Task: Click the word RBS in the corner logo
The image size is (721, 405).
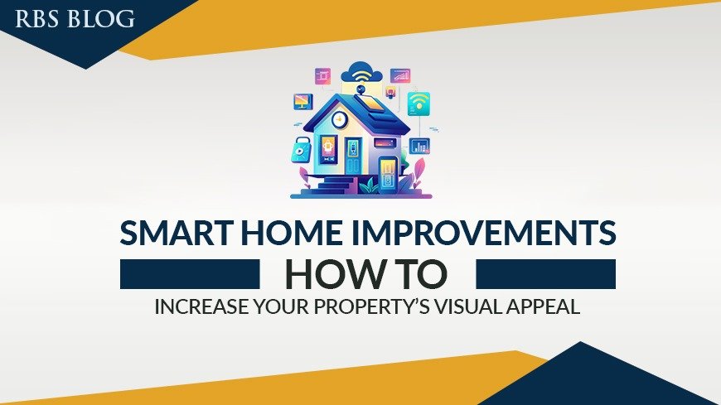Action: tap(36, 19)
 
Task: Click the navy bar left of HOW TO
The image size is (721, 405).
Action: tap(190, 274)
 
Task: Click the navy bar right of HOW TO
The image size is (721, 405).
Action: tap(545, 274)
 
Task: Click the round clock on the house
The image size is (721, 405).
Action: tap(338, 119)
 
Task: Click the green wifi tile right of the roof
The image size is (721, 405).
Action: tap(419, 103)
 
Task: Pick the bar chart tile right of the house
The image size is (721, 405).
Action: tap(420, 147)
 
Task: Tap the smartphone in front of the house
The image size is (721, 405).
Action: tap(388, 172)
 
